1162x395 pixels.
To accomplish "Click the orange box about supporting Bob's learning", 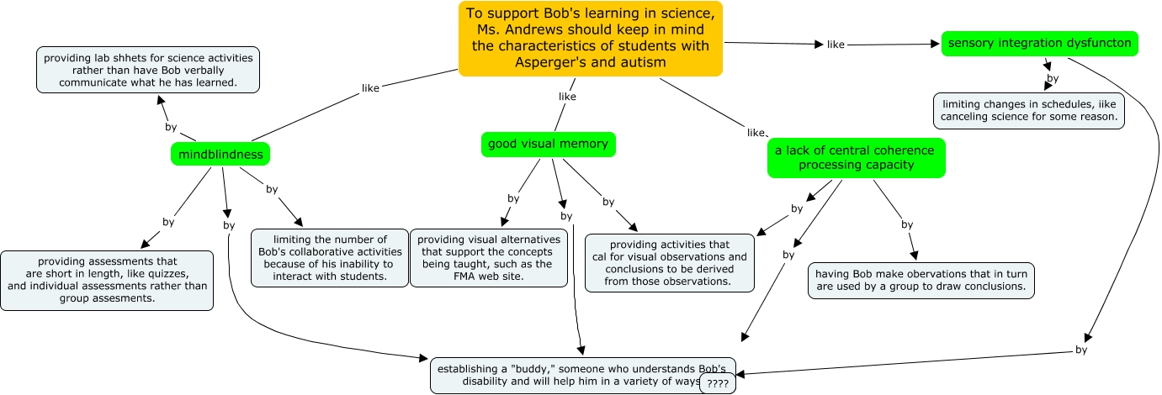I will [590, 39].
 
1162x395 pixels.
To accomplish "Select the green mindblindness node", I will [220, 154].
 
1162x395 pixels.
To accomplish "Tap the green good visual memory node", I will [548, 144].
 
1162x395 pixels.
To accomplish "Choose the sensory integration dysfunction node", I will [1039, 43].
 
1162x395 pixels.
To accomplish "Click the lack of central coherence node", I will [856, 157].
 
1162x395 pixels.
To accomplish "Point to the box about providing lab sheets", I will [148, 70].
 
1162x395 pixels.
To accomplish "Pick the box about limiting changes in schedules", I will [1028, 109].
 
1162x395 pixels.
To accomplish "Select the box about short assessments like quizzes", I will [107, 280].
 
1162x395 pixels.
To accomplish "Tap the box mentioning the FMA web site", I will [488, 257].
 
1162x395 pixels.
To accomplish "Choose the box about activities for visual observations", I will [670, 263].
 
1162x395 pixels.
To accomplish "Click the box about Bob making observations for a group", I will [921, 280].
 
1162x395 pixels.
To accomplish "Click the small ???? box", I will [718, 383].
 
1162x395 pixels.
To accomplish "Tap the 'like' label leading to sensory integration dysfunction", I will [836, 45].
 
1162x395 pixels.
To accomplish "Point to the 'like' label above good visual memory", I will [567, 97].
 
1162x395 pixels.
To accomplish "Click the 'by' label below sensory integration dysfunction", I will [1052, 78].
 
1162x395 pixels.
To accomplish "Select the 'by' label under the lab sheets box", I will [171, 127].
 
